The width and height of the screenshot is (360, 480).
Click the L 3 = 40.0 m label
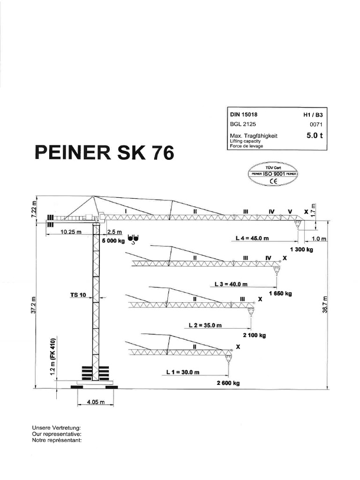point(231,284)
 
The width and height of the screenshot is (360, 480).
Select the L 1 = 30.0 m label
point(183,372)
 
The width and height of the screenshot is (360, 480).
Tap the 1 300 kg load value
point(301,249)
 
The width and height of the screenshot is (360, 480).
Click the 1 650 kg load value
point(280,294)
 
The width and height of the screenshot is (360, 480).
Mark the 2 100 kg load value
point(255,336)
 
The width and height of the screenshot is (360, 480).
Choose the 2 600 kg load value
point(228,383)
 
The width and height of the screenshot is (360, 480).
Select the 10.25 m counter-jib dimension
point(70,232)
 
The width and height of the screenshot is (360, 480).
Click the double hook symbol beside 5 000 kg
point(133,240)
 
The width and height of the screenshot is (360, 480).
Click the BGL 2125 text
point(243,125)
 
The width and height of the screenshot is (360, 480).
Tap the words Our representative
point(56,435)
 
